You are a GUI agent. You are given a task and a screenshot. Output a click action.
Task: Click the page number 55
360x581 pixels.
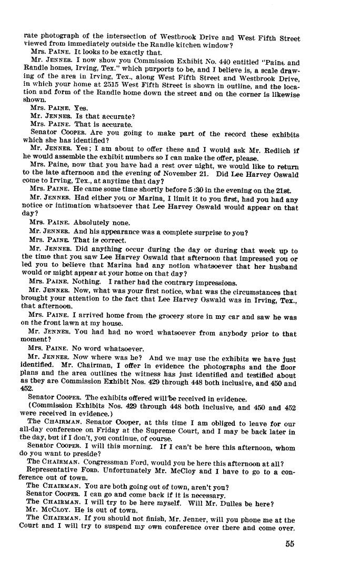289,544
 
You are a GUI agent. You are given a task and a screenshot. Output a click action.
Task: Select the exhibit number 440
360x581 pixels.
225,62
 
